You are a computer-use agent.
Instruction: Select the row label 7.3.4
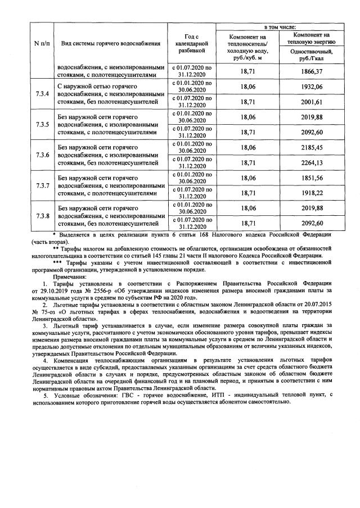tap(43, 94)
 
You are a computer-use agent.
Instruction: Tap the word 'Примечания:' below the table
tap(71, 277)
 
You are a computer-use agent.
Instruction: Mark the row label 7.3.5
tap(43, 124)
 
